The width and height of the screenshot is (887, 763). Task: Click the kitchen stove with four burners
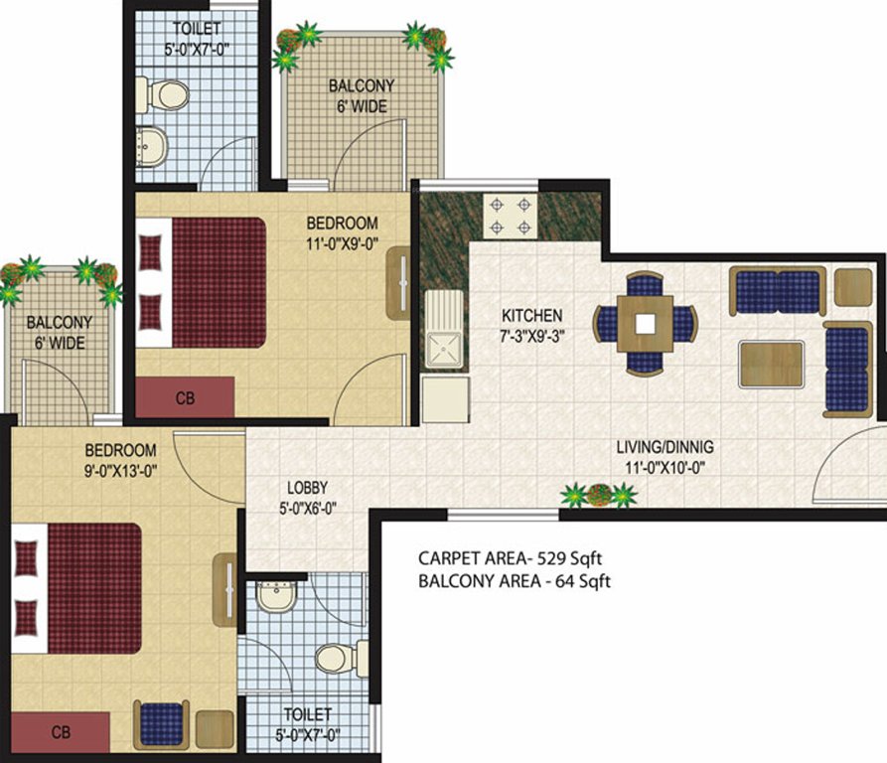pos(510,216)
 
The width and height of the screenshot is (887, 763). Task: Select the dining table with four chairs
pos(646,323)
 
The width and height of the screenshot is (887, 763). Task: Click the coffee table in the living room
pos(771,365)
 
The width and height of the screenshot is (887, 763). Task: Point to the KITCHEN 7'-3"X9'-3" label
pos(531,325)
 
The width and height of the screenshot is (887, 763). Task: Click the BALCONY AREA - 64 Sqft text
pos(515,581)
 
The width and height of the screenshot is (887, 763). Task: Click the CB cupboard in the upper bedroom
pos(185,397)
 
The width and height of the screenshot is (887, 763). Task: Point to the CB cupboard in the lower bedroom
pos(59,732)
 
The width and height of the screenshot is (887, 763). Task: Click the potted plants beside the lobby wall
pos(598,495)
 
